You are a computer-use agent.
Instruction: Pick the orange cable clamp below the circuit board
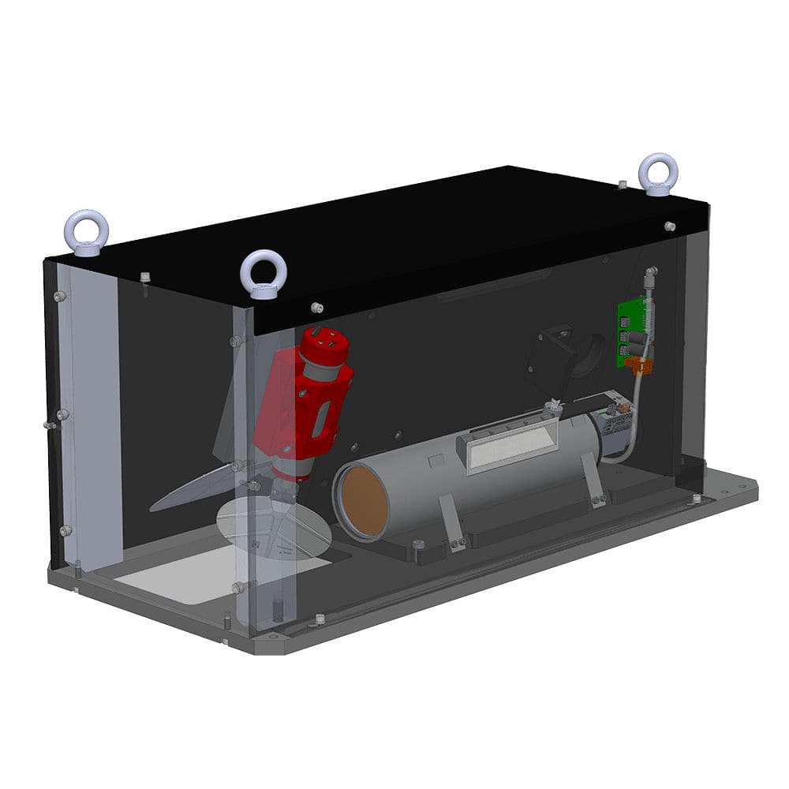pyautogui.click(x=640, y=365)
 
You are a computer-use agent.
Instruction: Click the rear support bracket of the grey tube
pyautogui.click(x=591, y=481)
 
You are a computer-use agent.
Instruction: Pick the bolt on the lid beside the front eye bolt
pyautogui.click(x=317, y=307)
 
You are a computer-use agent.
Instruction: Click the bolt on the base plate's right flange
pyautogui.click(x=696, y=499)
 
